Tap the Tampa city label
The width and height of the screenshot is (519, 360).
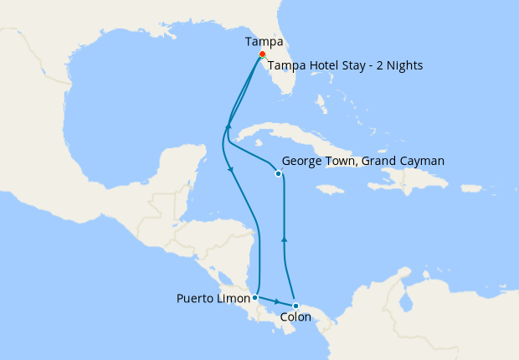pyautogui.click(x=263, y=41)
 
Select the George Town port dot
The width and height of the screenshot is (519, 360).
pyautogui.click(x=278, y=174)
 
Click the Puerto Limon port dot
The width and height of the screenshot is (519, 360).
pyautogui.click(x=254, y=297)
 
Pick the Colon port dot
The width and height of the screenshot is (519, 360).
pyautogui.click(x=295, y=306)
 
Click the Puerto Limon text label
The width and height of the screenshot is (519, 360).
pyautogui.click(x=213, y=298)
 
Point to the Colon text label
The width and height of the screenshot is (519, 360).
pyautogui.click(x=296, y=318)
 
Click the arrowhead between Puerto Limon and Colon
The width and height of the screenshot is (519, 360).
pyautogui.click(x=276, y=301)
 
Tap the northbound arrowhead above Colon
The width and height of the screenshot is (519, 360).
pyautogui.click(x=285, y=239)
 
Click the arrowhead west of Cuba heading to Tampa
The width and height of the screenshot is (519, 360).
pyautogui.click(x=227, y=127)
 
